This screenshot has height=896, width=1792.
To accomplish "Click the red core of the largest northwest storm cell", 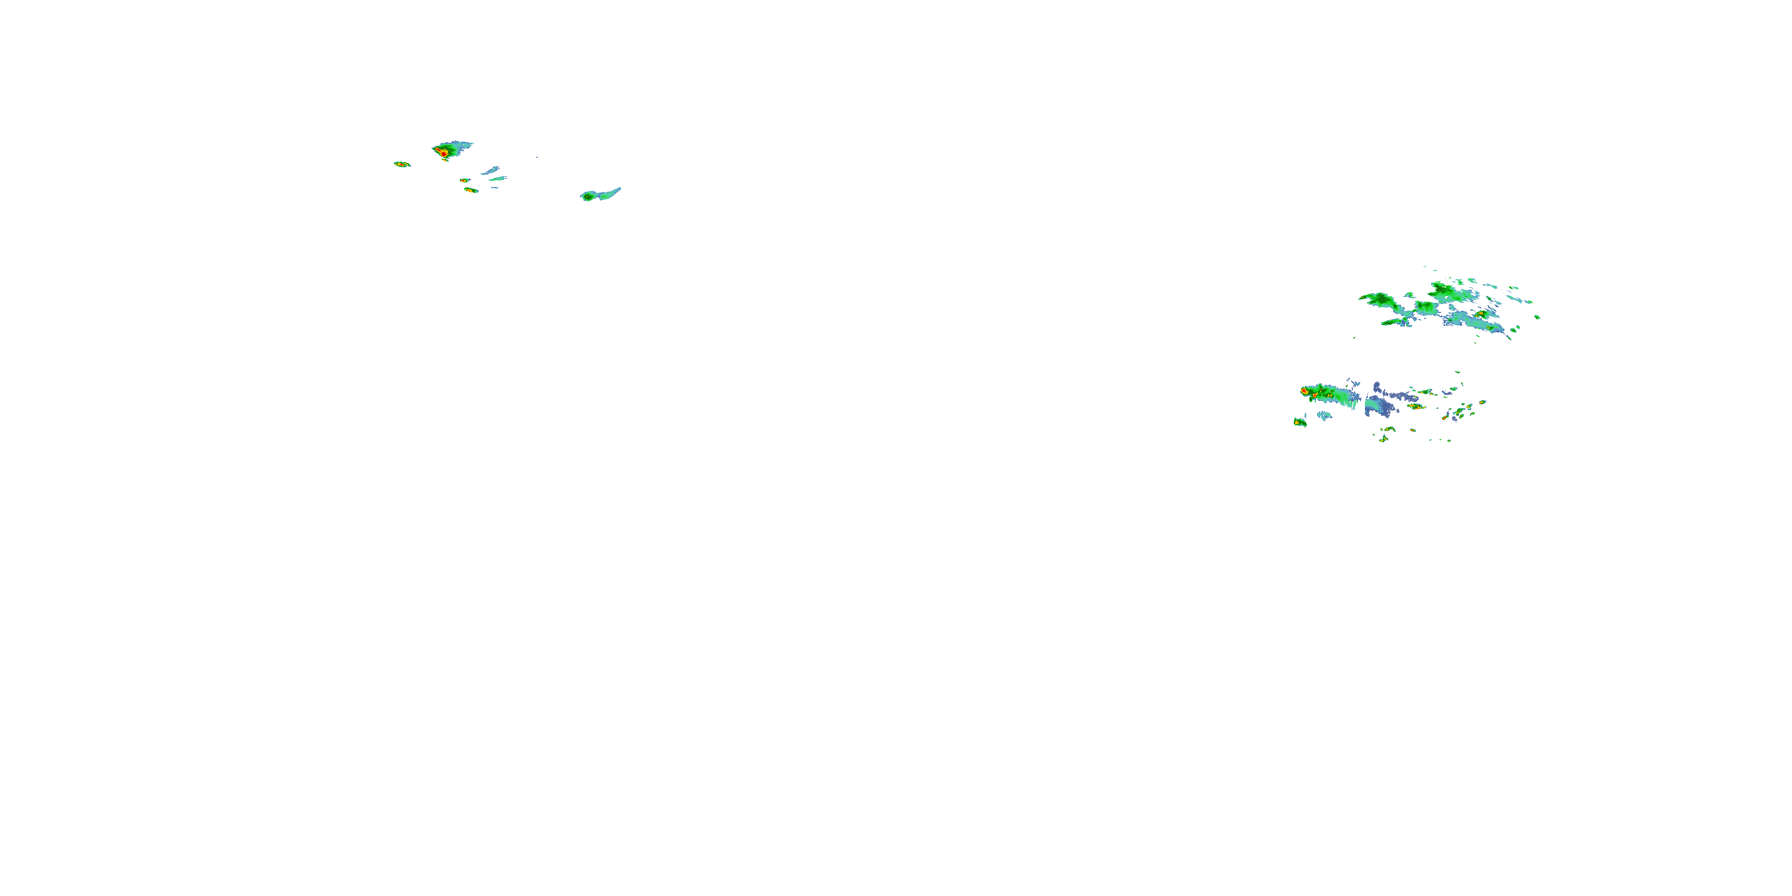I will [443, 152].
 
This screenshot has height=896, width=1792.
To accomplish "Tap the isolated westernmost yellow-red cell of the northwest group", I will [401, 164].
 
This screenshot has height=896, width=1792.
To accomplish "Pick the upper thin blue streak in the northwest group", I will [491, 170].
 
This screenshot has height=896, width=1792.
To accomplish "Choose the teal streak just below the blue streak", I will [498, 179].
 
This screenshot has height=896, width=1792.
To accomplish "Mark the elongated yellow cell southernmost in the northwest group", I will [471, 190].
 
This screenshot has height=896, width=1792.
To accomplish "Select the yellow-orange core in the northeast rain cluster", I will [1480, 314].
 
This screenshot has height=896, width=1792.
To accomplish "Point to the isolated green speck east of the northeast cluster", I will [1537, 317].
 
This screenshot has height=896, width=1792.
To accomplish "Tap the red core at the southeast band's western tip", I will [1305, 392].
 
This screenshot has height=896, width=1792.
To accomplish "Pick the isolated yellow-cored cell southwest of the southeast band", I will [1299, 422].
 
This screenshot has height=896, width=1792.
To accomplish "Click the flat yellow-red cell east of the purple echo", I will [1416, 406].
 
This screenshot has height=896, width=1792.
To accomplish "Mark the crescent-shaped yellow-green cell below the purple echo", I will [1386, 437].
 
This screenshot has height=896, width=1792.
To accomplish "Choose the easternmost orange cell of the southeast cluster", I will [1483, 402].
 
